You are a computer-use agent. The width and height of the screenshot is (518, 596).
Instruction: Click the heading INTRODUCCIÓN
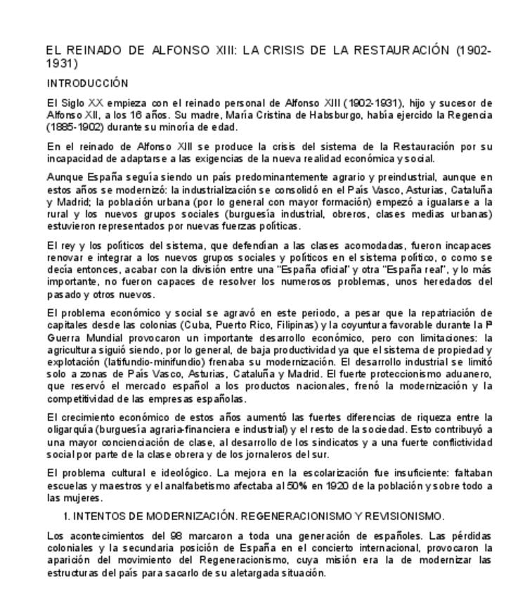tap(87, 83)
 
